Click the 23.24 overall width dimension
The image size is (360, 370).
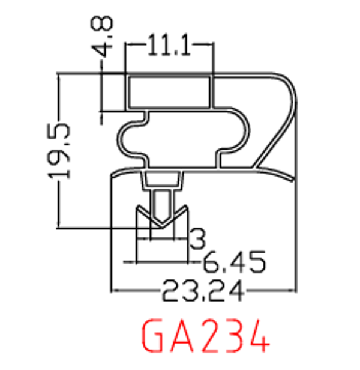(204, 293)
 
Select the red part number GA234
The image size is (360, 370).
(204, 338)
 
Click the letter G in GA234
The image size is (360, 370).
(155, 338)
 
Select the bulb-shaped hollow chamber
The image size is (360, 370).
(180, 137)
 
